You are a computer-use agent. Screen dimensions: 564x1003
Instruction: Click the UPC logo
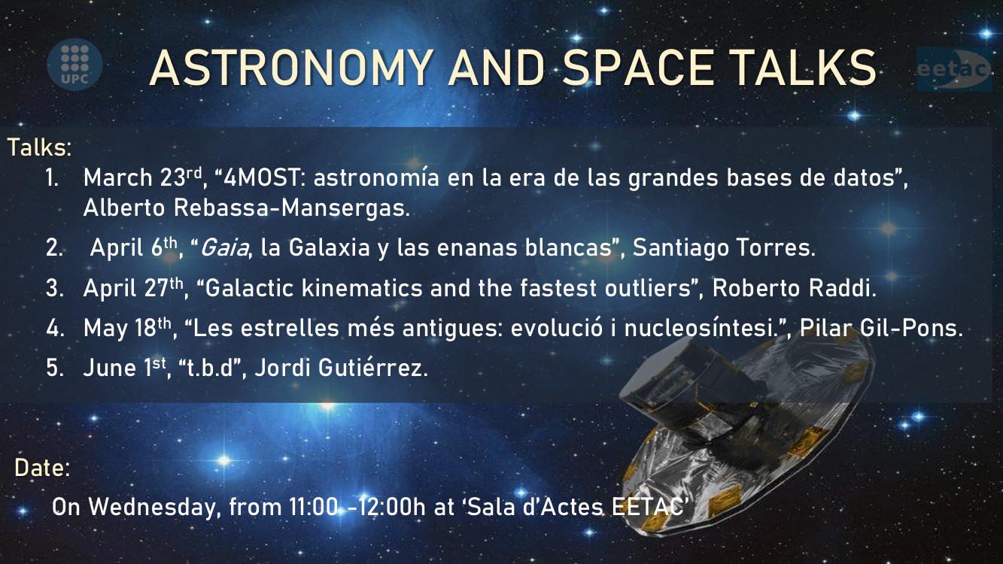pyautogui.click(x=74, y=62)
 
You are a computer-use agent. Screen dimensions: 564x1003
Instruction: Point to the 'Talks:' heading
pyautogui.click(x=39, y=147)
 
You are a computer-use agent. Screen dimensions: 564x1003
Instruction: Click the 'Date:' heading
pyautogui.click(x=42, y=468)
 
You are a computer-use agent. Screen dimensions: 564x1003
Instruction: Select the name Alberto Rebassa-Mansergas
pyautogui.click(x=247, y=208)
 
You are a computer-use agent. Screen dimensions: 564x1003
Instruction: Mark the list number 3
pyautogui.click(x=54, y=290)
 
